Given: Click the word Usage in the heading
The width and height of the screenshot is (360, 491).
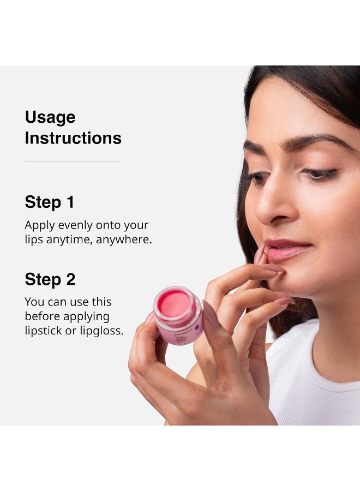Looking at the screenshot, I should (50, 118).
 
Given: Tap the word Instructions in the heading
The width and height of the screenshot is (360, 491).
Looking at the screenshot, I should (73, 138).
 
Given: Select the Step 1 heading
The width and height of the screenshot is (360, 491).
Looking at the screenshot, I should (50, 202).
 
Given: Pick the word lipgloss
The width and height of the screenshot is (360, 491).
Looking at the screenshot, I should (103, 331).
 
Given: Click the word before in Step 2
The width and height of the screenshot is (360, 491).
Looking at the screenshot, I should (43, 316).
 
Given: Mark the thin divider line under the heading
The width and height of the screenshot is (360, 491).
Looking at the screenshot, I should (73, 161).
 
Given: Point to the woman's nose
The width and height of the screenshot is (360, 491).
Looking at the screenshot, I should (271, 210).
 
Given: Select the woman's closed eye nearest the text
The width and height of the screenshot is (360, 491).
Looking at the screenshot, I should (257, 178).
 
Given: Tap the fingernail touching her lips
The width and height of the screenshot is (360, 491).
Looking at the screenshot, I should (260, 254).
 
